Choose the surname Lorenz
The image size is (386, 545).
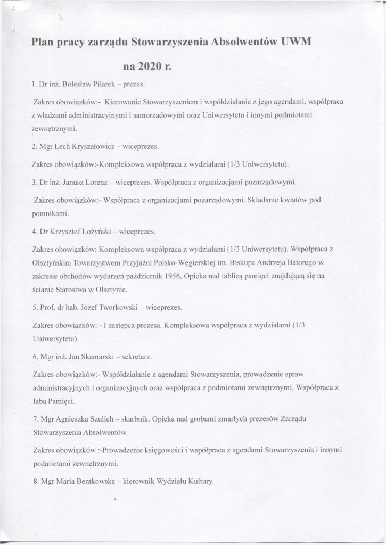[97, 182]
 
